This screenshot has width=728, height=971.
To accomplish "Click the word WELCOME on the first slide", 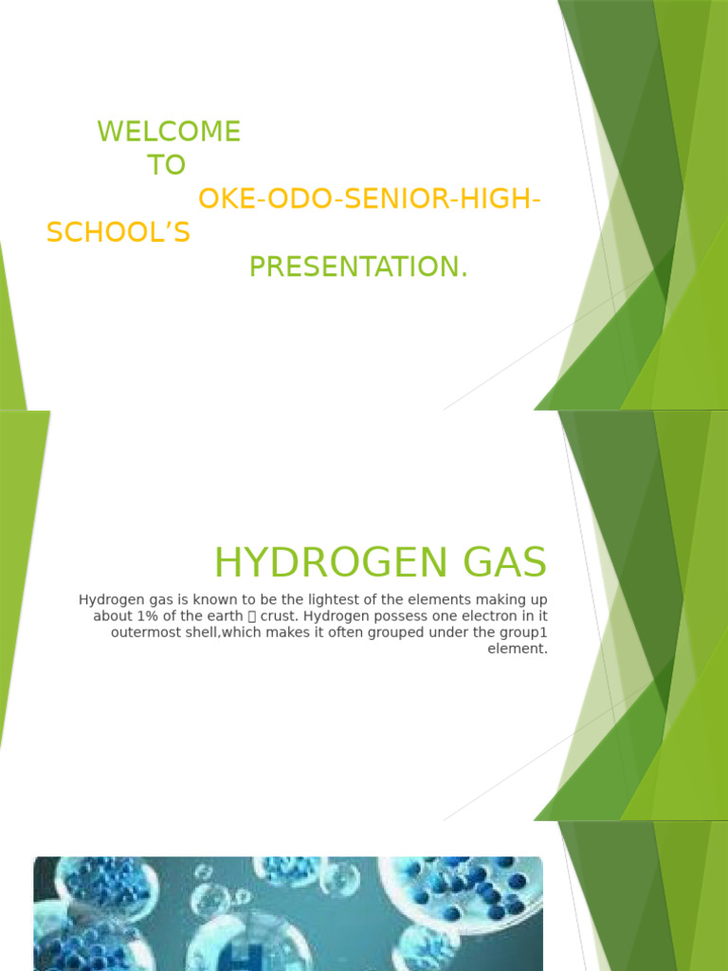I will (169, 132).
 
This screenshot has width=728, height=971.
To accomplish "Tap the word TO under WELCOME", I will (166, 166).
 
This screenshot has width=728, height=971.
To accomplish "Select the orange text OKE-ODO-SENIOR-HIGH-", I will (370, 200).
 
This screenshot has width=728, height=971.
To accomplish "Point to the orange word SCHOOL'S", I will (118, 233).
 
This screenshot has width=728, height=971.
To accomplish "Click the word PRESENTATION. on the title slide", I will (358, 267).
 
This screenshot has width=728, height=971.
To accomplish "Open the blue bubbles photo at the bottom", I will (288, 913).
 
